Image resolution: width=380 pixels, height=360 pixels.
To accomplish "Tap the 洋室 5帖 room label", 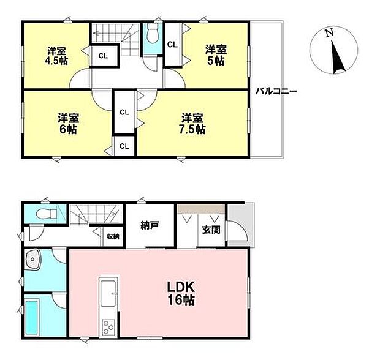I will tap(215, 54).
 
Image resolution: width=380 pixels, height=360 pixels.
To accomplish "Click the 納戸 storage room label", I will tap(150, 225).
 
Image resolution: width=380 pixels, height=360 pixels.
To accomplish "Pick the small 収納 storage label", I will tap(113, 236).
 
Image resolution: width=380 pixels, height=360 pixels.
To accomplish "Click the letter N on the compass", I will tap(330, 32).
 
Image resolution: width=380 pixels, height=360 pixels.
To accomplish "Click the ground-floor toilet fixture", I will tap(42, 215).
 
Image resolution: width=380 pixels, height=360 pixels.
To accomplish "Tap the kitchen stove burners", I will tap(108, 327).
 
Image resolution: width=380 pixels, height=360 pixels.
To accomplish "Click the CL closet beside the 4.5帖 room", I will tap(102, 56).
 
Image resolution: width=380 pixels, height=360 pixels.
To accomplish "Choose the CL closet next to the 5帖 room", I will tap(172, 45).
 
